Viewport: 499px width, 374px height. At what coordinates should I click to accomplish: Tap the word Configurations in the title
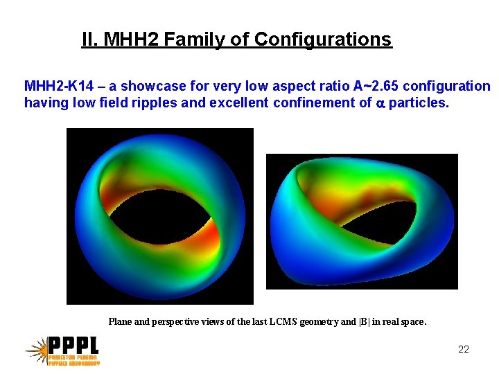pos(323,40)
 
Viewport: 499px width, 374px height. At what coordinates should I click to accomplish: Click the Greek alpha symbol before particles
pos(379,104)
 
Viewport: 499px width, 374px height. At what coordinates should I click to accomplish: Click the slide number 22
pos(464,349)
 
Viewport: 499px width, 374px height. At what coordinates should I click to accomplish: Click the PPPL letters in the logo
pos(73,346)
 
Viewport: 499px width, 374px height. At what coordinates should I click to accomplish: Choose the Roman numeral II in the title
pos(88,40)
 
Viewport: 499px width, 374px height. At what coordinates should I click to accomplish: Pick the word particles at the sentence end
pos(419,103)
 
